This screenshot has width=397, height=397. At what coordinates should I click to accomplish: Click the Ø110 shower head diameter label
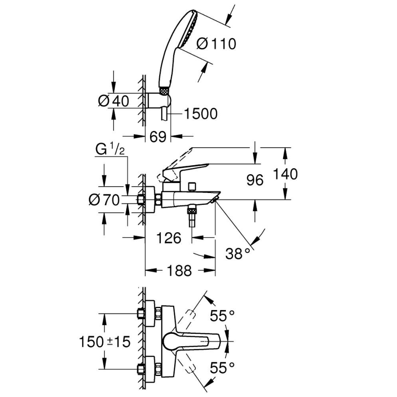(x=216, y=44)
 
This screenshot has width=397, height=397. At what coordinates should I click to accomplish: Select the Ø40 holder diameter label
(x=114, y=101)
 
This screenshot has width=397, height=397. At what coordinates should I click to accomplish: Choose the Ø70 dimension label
(x=104, y=200)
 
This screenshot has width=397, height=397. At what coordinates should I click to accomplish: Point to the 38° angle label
(x=238, y=252)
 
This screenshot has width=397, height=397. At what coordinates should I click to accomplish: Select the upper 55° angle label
(x=222, y=315)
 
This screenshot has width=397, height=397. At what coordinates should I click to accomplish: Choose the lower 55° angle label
(x=222, y=366)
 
